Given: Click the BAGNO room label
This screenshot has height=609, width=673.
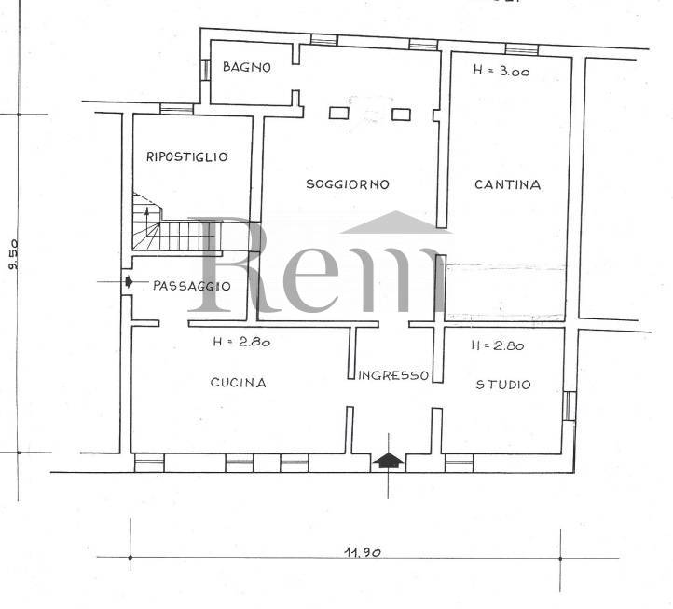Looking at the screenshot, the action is [247, 67].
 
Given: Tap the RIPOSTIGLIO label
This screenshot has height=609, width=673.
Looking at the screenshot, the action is [187, 156].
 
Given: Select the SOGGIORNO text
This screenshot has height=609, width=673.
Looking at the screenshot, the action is [348, 184].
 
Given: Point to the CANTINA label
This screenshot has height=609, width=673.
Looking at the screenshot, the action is [508, 184].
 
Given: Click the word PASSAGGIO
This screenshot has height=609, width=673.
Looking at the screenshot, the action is [192, 286].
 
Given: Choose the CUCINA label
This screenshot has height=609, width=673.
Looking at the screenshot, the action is [239, 382].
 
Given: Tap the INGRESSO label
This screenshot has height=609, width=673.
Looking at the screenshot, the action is [393, 375].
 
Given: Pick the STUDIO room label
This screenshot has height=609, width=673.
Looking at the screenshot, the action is [503, 385].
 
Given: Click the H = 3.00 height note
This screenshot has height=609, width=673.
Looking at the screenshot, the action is [501, 71].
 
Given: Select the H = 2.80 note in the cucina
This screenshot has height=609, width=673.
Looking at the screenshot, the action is [241, 342].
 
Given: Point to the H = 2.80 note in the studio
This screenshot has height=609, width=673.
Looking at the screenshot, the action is [498, 345].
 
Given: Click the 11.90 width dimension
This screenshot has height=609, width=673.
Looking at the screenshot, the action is [363, 552].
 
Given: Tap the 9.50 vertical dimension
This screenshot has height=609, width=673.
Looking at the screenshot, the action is [13, 254].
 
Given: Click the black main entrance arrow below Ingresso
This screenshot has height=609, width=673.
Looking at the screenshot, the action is [388, 461].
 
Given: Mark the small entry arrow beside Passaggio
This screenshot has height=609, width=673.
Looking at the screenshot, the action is [129, 282].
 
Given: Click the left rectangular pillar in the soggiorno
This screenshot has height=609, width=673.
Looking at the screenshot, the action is [339, 113].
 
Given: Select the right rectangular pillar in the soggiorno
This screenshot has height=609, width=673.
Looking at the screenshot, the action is [402, 115].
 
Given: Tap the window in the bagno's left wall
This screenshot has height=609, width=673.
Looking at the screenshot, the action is [206, 70].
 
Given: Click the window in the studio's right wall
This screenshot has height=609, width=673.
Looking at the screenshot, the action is [570, 406].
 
